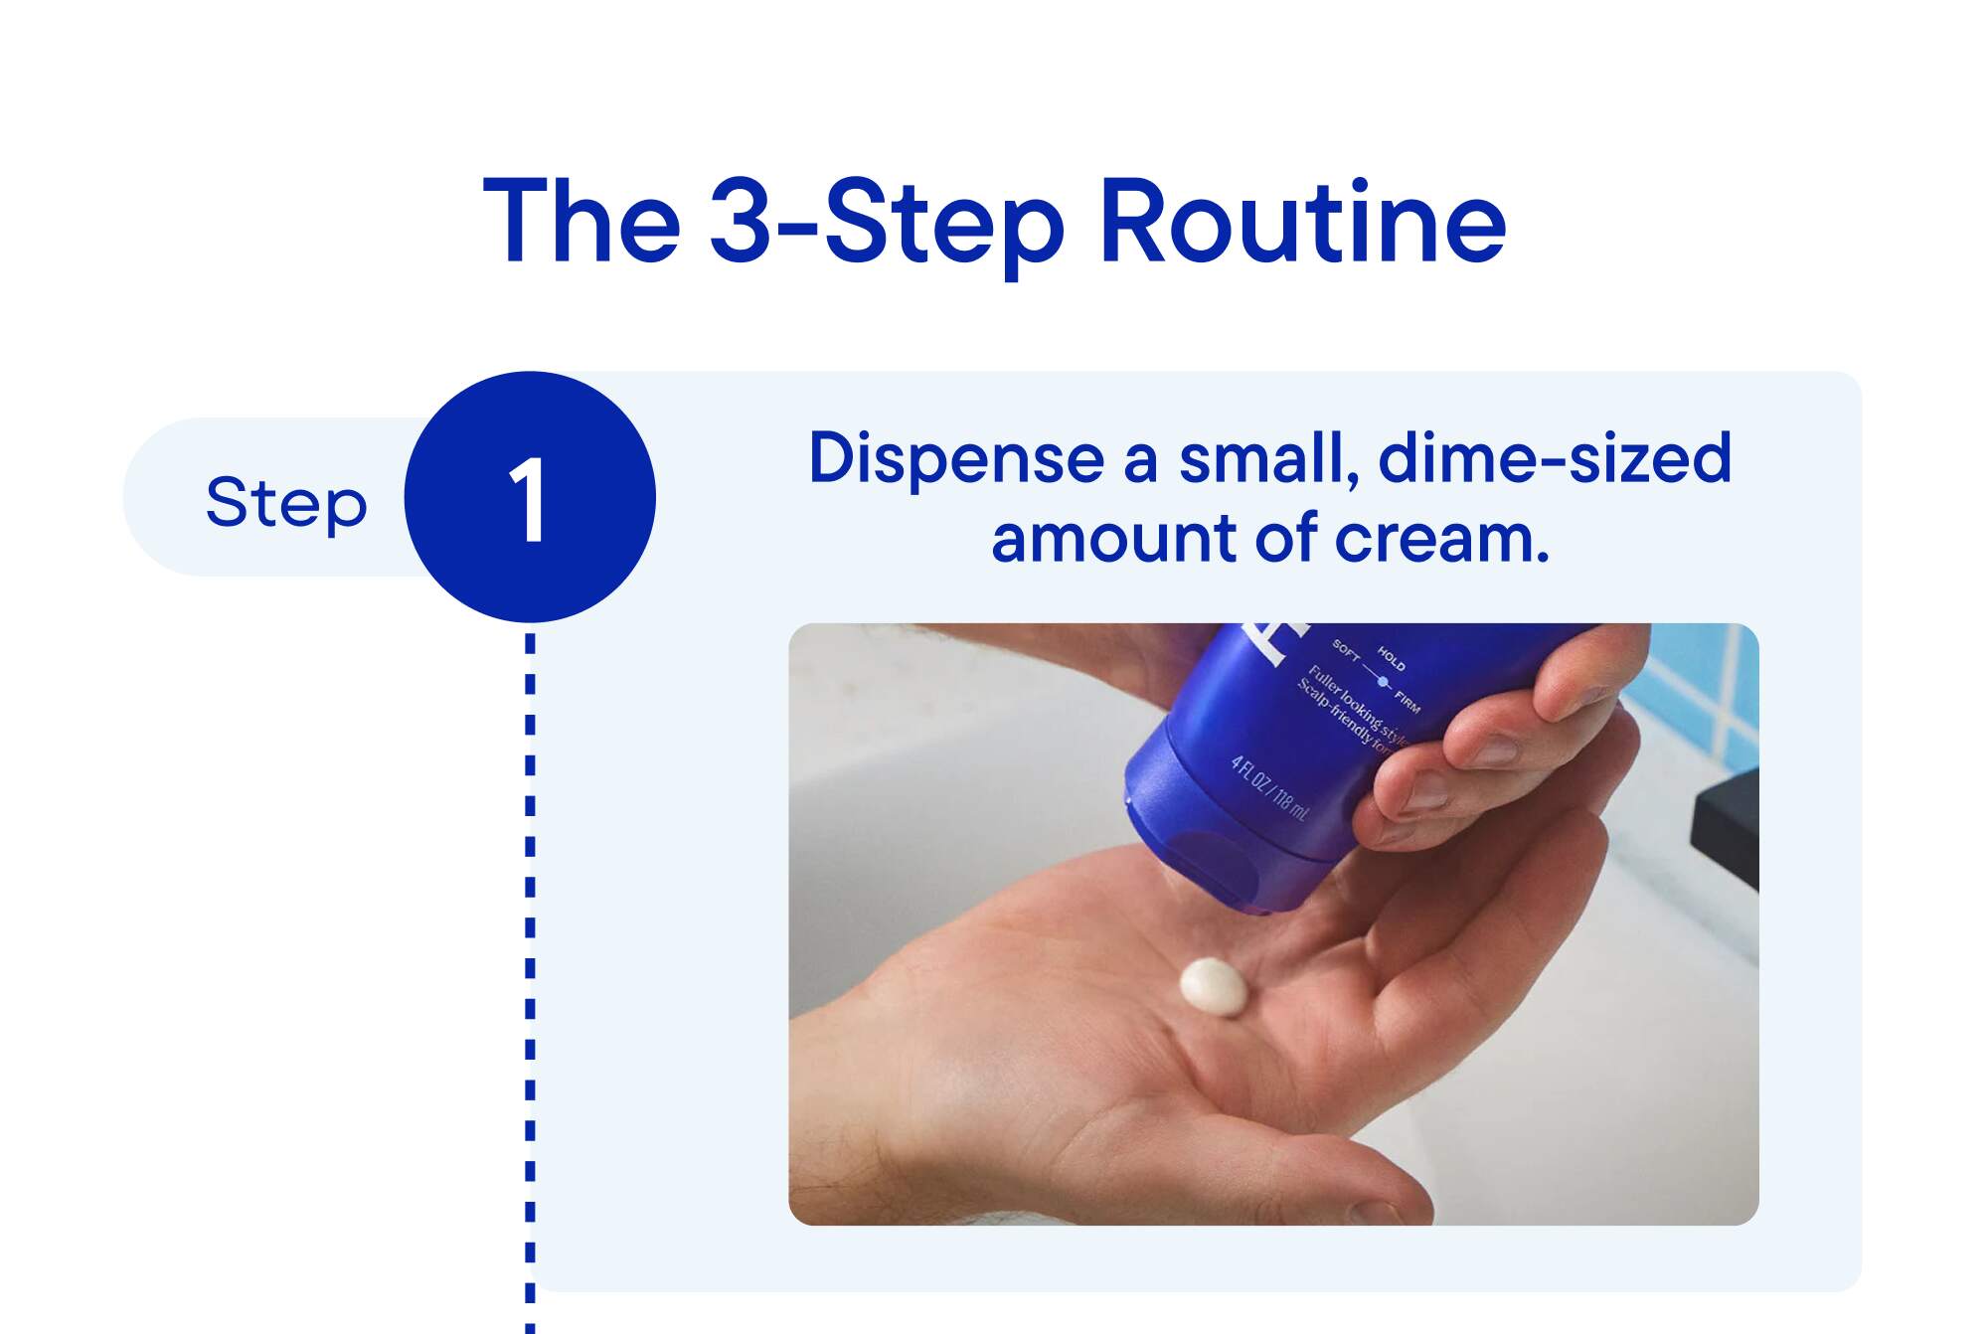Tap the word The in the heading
point(581,221)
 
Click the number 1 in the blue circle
point(528,500)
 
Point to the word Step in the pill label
point(286,502)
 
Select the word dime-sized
point(1555,458)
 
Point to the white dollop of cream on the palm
point(1213,986)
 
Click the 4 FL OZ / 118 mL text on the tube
point(1269,788)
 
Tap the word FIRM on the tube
point(1407,702)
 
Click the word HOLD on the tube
point(1391,658)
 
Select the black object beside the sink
point(1725,825)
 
